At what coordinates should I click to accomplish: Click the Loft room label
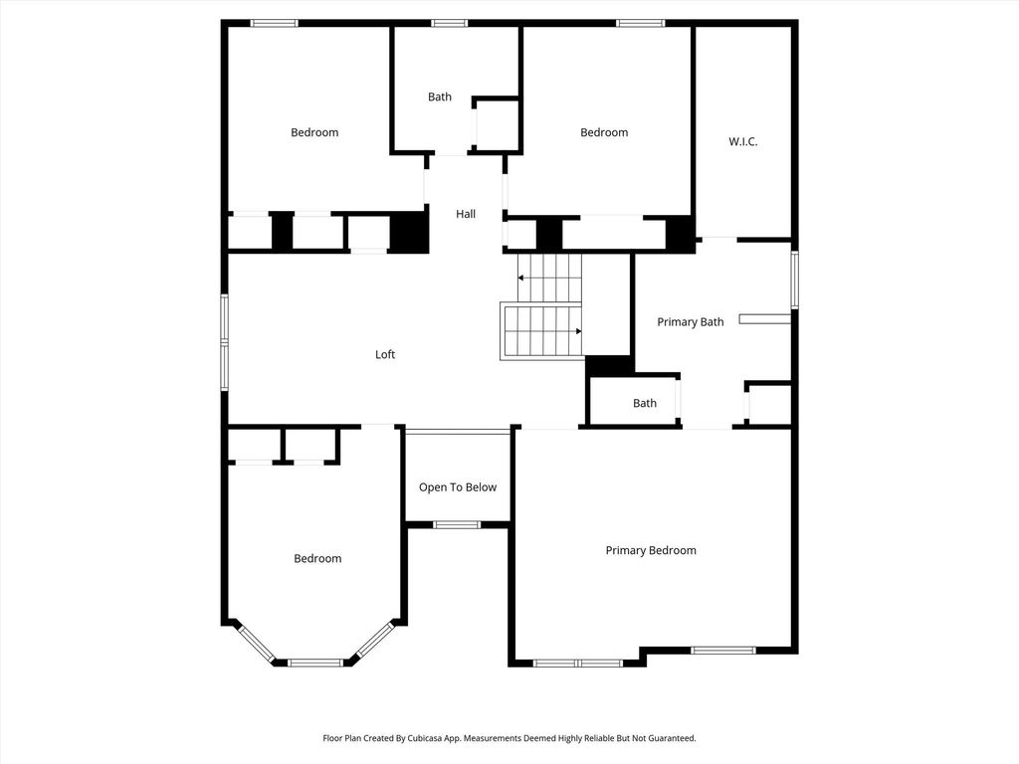[385, 354]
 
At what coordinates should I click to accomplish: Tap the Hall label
[466, 214]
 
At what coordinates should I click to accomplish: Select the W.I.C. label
[742, 141]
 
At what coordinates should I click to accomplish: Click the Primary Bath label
[691, 321]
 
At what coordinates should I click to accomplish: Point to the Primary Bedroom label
[651, 550]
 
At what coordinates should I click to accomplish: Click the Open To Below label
[458, 487]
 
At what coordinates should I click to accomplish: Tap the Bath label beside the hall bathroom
[439, 96]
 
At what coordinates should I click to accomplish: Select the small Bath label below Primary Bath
[645, 403]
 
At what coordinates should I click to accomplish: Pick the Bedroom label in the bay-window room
[317, 558]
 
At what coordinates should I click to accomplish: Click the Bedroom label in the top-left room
[314, 132]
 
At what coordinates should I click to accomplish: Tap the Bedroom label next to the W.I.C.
[604, 132]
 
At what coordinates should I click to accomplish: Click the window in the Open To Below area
[457, 525]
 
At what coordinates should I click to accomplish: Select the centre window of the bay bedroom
[315, 663]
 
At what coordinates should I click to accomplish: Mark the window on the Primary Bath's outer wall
[794, 280]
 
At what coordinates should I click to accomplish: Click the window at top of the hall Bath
[449, 24]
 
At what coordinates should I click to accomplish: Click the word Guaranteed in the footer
[674, 738]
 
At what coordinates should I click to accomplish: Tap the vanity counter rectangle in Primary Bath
[765, 319]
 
